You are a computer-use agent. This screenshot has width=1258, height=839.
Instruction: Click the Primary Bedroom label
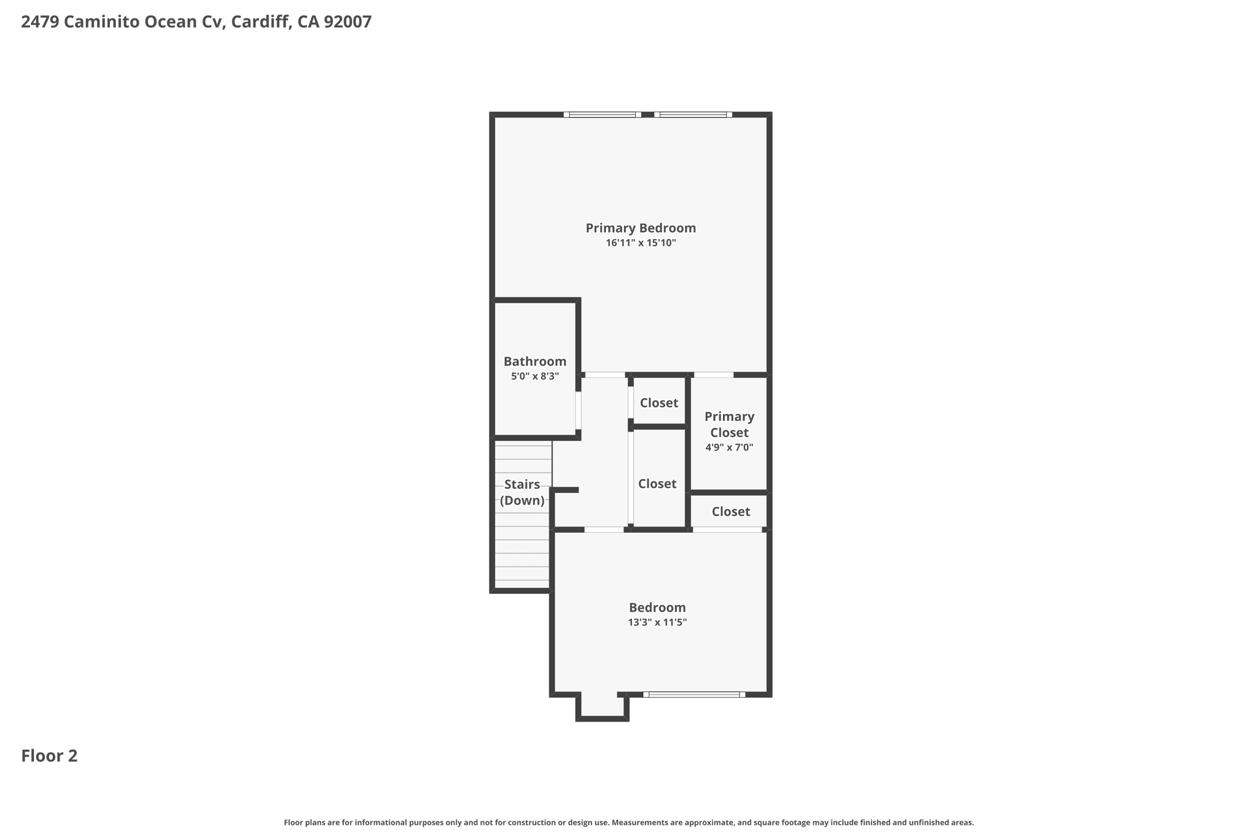pos(641,228)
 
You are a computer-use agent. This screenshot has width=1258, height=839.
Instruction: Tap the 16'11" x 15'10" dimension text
pos(641,243)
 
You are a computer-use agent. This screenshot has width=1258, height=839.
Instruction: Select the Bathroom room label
pos(535,361)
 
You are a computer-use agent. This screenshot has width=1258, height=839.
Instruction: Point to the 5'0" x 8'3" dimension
pos(535,376)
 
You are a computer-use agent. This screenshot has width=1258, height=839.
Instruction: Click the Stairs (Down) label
pos(522,492)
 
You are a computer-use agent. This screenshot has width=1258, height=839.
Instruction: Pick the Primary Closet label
pos(730,424)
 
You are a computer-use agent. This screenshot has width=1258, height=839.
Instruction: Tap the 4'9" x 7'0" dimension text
pos(730,447)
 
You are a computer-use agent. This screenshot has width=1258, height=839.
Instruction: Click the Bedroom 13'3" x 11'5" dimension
pos(657,622)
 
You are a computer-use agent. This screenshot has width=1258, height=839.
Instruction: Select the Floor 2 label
pos(50,756)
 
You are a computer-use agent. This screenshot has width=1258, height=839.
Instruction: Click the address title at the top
pos(197,22)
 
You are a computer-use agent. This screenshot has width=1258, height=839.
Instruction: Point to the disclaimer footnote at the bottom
pos(628,822)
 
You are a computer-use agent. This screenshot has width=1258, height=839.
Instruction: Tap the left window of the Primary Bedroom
pos(602,114)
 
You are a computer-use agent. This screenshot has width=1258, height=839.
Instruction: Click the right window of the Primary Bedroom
pos(693,114)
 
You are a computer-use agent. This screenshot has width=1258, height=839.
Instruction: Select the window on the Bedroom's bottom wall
pos(694,695)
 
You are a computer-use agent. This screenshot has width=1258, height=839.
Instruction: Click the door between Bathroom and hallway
pos(578,410)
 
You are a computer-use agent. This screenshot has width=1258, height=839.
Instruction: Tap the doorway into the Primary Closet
pos(714,374)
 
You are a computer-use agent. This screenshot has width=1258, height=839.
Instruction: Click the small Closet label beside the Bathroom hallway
pos(659,403)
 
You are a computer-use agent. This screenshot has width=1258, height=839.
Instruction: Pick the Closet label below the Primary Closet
pos(731,511)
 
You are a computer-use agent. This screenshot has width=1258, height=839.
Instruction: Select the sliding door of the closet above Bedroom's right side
pos(728,529)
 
